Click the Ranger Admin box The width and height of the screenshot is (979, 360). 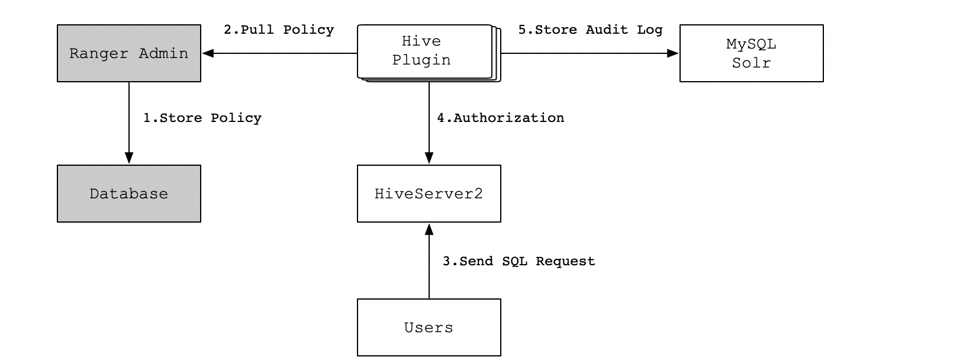[x=129, y=53]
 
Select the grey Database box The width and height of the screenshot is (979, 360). [x=129, y=194]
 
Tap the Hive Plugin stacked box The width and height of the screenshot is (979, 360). [x=429, y=53]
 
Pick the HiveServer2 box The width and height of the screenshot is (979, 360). [x=429, y=194]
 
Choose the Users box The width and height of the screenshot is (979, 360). [x=429, y=327]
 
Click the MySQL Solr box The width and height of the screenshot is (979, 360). [x=751, y=53]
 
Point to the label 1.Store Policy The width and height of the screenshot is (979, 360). [x=202, y=118]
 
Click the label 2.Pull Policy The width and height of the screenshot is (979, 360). [x=279, y=30]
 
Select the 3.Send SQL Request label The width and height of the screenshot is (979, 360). [x=519, y=262]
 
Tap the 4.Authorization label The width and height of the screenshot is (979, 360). [x=500, y=118]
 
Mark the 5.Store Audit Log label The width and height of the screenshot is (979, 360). [x=591, y=30]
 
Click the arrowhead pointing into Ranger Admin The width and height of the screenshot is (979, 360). [x=208, y=53]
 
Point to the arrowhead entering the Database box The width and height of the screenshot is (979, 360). [x=129, y=158]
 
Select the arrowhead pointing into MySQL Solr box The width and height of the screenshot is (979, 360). [x=673, y=53]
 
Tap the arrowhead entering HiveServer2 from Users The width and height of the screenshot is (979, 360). [x=429, y=229]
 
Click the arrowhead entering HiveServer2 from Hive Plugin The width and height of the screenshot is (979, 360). [x=429, y=158]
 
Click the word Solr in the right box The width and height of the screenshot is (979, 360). [x=751, y=63]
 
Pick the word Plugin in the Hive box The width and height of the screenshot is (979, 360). [x=421, y=60]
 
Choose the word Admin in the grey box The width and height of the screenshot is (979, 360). [x=163, y=53]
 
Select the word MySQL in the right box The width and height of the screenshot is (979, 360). [x=751, y=44]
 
